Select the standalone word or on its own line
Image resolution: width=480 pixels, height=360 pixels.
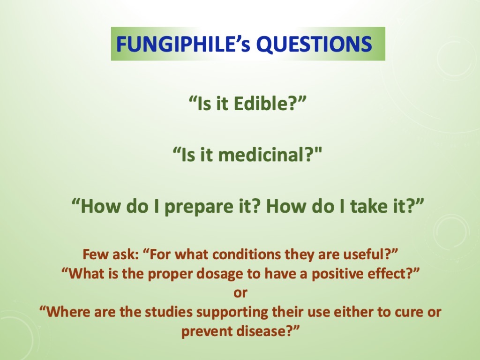[x=240, y=293]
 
